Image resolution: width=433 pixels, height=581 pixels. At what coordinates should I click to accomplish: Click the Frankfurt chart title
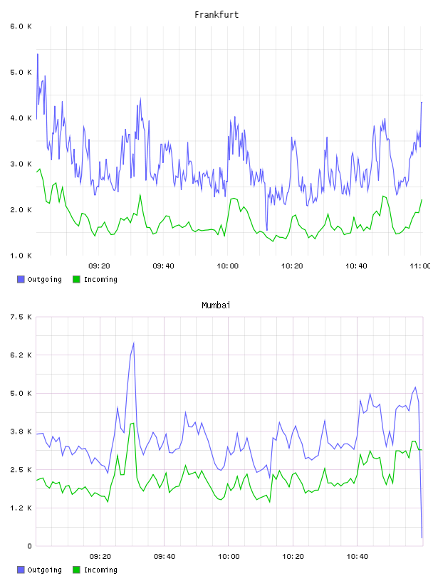coord(216,15)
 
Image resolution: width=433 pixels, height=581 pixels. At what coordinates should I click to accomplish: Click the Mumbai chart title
coord(216,305)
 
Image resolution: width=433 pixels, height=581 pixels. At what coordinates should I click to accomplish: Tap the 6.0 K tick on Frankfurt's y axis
coord(21,26)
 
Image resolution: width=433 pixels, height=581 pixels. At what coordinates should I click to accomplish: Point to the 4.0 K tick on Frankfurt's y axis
coord(21,118)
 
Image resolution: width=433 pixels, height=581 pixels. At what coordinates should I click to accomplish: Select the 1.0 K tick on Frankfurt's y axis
coord(21,256)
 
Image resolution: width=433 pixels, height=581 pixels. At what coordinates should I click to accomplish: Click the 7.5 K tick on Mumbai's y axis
coord(21,317)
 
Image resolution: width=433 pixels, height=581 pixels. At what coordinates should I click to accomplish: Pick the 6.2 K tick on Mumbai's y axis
coord(21,355)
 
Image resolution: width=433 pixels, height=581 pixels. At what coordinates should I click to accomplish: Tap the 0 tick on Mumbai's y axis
coord(29,546)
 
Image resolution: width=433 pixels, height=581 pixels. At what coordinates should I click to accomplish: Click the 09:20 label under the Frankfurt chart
coord(99,266)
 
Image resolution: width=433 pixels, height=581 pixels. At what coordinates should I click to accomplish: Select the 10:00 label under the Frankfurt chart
coord(228,266)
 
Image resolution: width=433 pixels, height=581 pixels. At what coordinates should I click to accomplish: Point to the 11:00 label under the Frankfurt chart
coord(420,266)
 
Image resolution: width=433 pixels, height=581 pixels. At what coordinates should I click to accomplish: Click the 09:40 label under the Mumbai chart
coord(165,557)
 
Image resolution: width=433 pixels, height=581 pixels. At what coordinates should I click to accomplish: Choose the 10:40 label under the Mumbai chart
coord(358,557)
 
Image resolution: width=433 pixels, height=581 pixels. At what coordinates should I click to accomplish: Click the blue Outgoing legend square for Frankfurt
coord(21,279)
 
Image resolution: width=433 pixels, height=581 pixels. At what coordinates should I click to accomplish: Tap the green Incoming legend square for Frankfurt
coord(76,279)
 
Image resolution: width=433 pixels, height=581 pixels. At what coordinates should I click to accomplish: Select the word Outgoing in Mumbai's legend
coord(44,570)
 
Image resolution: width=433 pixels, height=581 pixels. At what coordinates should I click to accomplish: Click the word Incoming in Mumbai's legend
coord(100,570)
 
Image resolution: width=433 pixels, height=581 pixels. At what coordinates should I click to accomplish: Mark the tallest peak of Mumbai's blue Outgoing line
coord(133,343)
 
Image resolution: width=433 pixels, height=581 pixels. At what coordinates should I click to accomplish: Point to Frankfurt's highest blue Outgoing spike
coord(38,54)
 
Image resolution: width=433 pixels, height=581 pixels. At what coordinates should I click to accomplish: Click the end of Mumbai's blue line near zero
coord(422,538)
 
